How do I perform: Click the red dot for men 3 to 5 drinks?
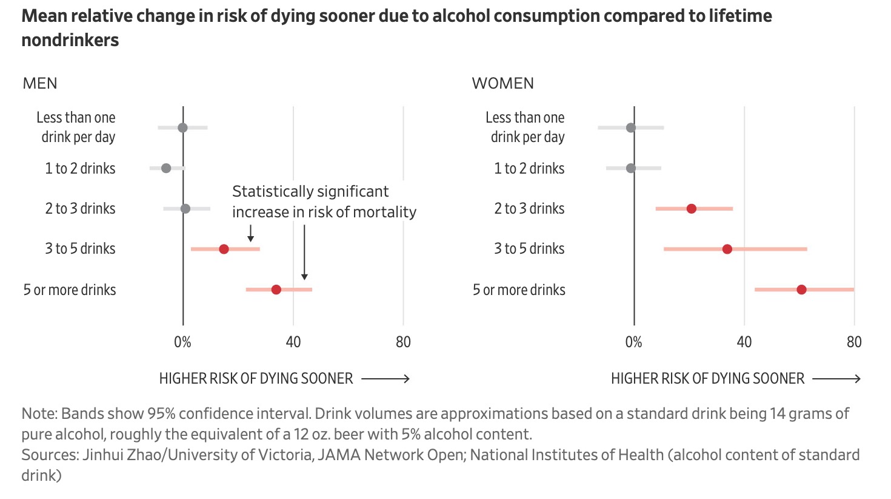tap(224, 249)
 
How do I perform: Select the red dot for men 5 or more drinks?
tap(276, 290)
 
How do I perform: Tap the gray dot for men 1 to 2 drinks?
tap(166, 168)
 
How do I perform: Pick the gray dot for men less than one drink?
tap(182, 127)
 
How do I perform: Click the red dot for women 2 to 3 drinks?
tap(691, 209)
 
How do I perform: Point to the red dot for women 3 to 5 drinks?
tap(727, 249)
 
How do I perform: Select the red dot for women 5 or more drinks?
tap(801, 290)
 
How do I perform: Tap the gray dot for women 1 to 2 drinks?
tap(631, 168)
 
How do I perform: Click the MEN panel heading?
tap(40, 83)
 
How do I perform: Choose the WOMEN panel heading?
tap(503, 83)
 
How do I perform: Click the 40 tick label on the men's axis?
tap(293, 342)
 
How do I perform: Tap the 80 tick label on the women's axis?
tap(854, 342)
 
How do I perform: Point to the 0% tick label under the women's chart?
tap(633, 342)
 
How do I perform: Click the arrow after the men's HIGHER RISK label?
tap(386, 379)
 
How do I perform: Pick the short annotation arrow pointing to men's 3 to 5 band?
tap(250, 234)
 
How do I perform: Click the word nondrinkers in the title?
tap(70, 40)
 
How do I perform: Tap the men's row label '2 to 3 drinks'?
tap(80, 209)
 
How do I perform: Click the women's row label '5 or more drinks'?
tap(519, 290)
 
